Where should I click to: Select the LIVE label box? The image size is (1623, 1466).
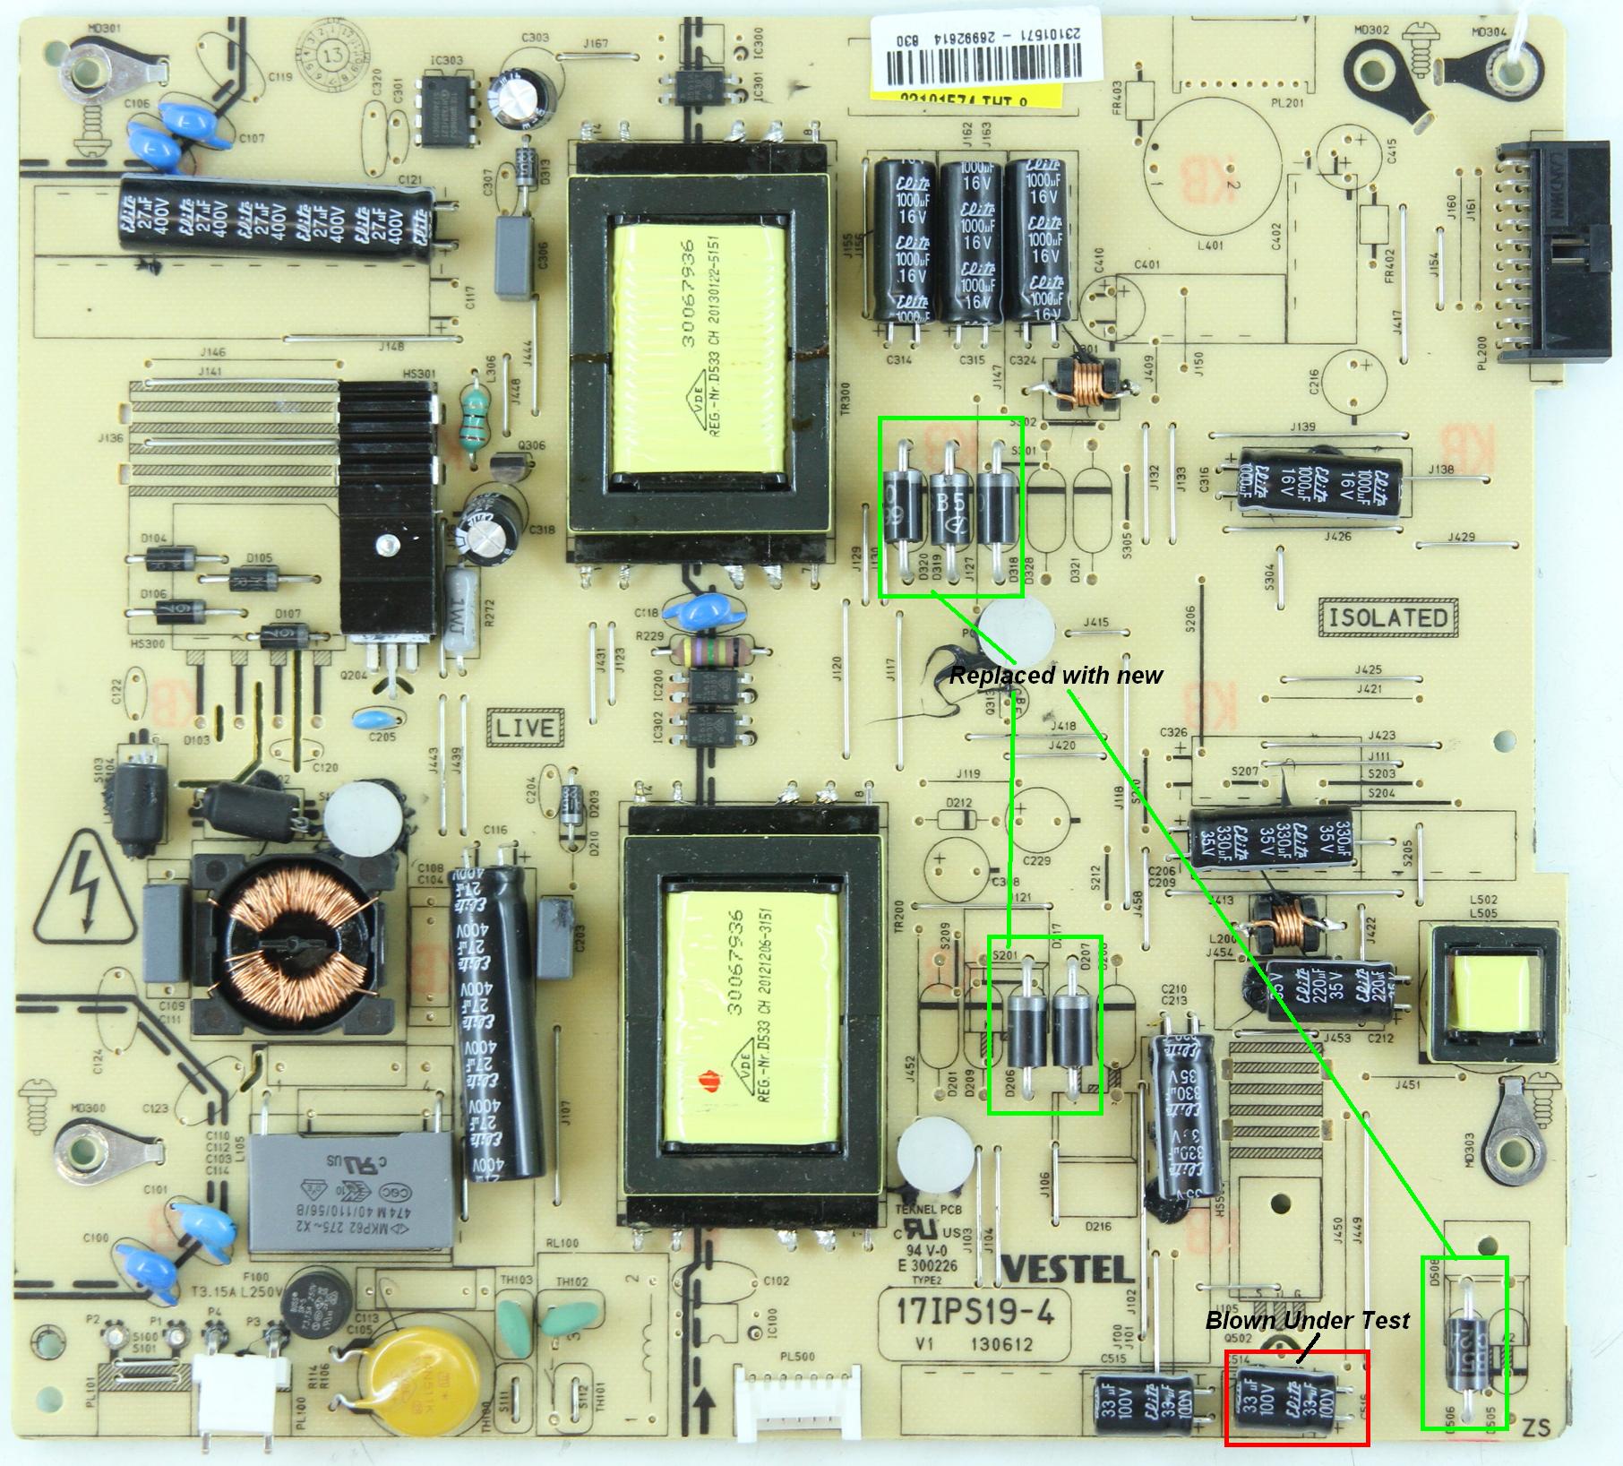526,727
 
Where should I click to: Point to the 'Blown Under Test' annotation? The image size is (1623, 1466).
1307,1320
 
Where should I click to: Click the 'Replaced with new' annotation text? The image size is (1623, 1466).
1055,676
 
